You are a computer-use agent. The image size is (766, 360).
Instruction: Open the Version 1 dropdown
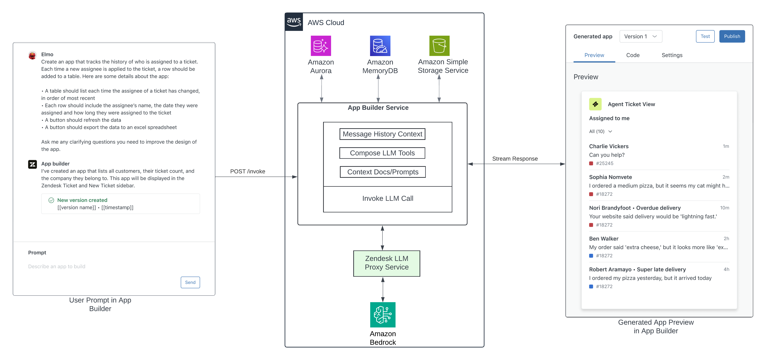point(641,36)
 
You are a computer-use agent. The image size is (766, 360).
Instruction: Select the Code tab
point(633,55)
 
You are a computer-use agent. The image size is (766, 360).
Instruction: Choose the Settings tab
point(672,55)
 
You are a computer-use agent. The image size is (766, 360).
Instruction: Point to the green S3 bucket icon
point(439,46)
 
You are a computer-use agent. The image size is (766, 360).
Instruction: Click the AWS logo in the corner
point(294,22)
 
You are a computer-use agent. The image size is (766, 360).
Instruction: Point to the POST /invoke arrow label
point(247,171)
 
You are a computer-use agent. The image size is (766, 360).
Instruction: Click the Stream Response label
point(515,159)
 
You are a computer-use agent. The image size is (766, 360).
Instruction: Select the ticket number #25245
point(604,163)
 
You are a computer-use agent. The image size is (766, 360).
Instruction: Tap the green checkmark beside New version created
point(51,200)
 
